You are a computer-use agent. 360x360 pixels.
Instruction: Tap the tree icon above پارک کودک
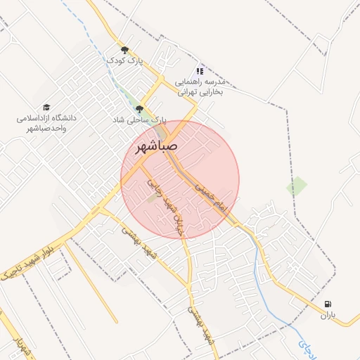click(x=125, y=50)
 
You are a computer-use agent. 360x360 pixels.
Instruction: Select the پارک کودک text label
click(x=124, y=61)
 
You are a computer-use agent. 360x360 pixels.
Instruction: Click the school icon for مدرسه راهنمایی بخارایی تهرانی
click(x=200, y=70)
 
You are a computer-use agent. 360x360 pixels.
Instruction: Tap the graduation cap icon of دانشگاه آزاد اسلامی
click(x=46, y=107)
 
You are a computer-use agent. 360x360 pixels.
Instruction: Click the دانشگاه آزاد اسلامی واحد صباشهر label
click(x=46, y=123)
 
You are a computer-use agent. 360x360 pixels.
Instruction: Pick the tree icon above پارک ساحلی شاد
click(x=139, y=109)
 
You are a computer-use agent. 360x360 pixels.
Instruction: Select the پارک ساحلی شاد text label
click(x=139, y=120)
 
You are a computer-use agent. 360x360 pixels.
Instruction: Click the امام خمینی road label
click(x=212, y=195)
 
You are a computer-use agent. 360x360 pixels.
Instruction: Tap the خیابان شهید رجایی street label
click(x=163, y=196)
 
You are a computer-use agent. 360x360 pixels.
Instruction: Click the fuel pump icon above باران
click(x=328, y=304)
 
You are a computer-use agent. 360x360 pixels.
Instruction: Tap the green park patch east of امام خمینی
click(x=296, y=186)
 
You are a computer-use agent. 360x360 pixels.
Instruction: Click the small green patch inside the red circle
click(x=153, y=199)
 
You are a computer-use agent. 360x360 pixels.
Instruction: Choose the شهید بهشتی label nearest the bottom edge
click(x=201, y=325)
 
